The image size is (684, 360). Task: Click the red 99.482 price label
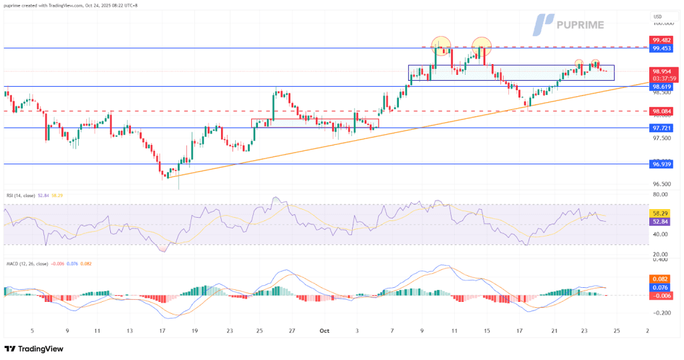click(661, 40)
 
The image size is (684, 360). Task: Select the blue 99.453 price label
click(661, 48)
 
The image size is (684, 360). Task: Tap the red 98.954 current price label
click(661, 71)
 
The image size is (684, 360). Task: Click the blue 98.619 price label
click(661, 87)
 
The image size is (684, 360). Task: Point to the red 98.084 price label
click(661, 111)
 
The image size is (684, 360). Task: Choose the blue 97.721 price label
click(661, 128)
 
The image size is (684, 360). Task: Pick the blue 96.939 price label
click(661, 164)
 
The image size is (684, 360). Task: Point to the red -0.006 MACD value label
click(661, 296)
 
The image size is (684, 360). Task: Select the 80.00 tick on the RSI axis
click(660, 195)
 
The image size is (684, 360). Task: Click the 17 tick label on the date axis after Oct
click(519, 330)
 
